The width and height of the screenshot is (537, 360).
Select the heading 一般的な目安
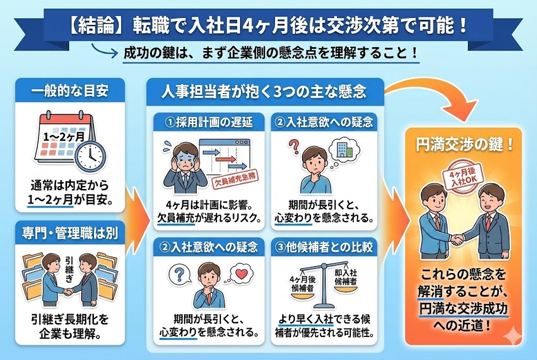pos(70,90)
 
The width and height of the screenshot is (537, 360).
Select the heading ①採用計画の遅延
pos(209,123)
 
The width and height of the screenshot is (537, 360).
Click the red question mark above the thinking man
pos(293,144)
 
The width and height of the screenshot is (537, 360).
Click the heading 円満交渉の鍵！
pos(463,145)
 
